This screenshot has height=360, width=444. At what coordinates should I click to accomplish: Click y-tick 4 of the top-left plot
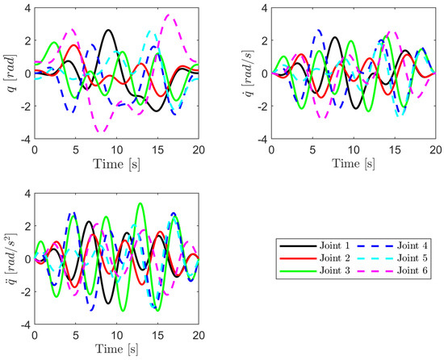tap(27, 8)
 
